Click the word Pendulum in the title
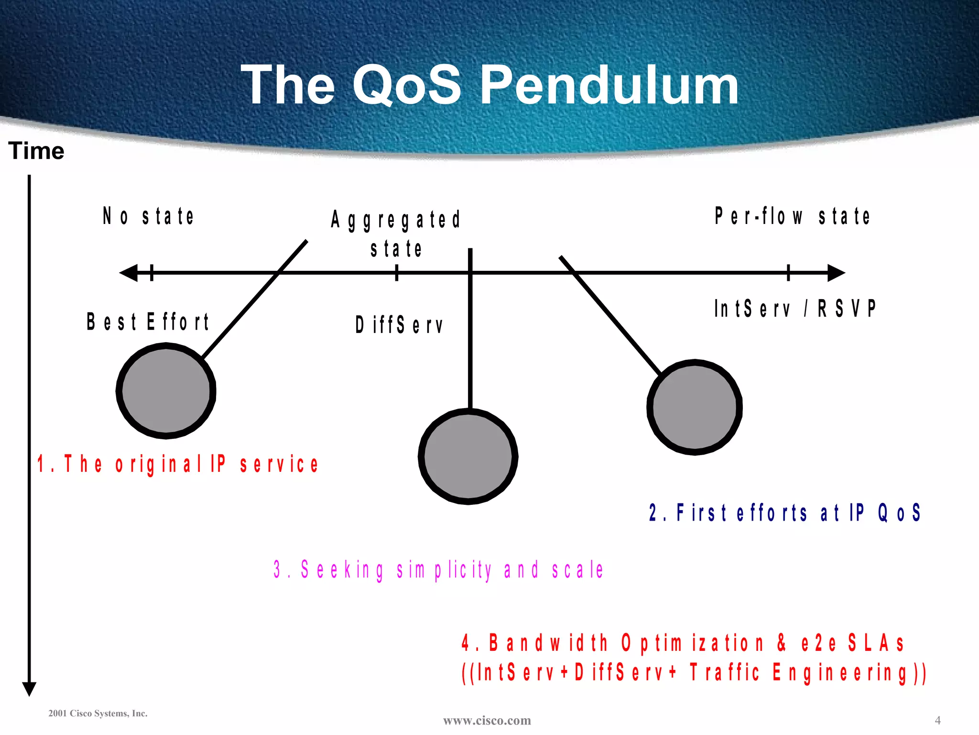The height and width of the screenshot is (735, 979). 609,86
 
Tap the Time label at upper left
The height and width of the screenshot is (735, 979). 36,151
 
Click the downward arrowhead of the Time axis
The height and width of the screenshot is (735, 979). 29,689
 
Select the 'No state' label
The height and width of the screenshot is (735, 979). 149,216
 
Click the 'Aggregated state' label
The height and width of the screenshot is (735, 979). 396,234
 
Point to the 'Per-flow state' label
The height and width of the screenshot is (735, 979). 792,216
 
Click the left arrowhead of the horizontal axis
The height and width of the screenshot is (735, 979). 129,273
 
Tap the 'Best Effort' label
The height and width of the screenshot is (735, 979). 148,322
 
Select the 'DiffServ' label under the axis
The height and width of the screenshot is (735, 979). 399,325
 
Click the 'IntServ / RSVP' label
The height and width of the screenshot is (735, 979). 795,309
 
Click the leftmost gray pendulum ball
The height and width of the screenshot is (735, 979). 166,390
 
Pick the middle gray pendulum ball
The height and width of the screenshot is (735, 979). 468,457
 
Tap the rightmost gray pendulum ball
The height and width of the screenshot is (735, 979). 695,407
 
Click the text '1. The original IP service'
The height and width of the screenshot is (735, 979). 178,464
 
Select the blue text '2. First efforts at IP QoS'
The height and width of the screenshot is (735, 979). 784,512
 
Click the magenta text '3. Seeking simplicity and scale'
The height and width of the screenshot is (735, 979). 438,570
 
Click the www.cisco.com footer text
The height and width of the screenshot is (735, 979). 487,720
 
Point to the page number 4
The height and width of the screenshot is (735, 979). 937,720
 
